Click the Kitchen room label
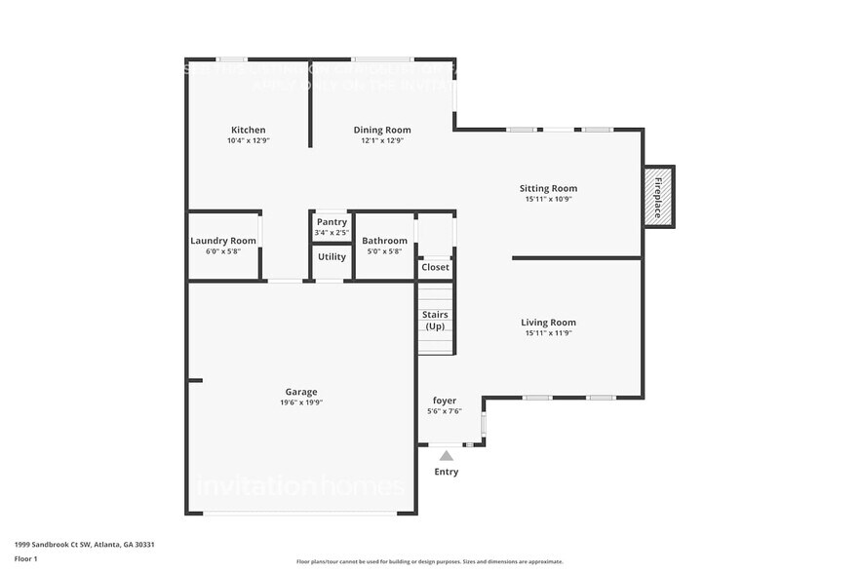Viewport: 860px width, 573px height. click(248, 130)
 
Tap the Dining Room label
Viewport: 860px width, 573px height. click(381, 130)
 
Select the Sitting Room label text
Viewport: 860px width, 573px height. click(547, 188)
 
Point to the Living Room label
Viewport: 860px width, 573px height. click(547, 323)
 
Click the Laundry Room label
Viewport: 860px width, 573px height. click(223, 241)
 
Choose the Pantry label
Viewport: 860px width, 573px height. click(332, 222)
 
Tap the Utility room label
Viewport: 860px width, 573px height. click(332, 257)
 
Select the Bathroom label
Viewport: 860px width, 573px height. click(384, 241)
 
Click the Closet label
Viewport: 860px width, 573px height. click(435, 267)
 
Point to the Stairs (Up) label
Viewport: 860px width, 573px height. click(435, 320)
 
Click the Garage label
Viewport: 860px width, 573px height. click(300, 392)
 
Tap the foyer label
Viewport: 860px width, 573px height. click(444, 401)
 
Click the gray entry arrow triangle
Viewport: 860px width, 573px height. click(446, 455)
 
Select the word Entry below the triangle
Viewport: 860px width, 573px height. click(446, 473)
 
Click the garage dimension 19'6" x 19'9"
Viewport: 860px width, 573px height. click(300, 402)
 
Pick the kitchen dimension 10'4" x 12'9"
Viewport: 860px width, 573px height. click(248, 140)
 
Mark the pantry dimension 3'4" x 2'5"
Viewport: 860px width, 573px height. click(332, 233)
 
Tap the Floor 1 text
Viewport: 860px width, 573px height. click(25, 558)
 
